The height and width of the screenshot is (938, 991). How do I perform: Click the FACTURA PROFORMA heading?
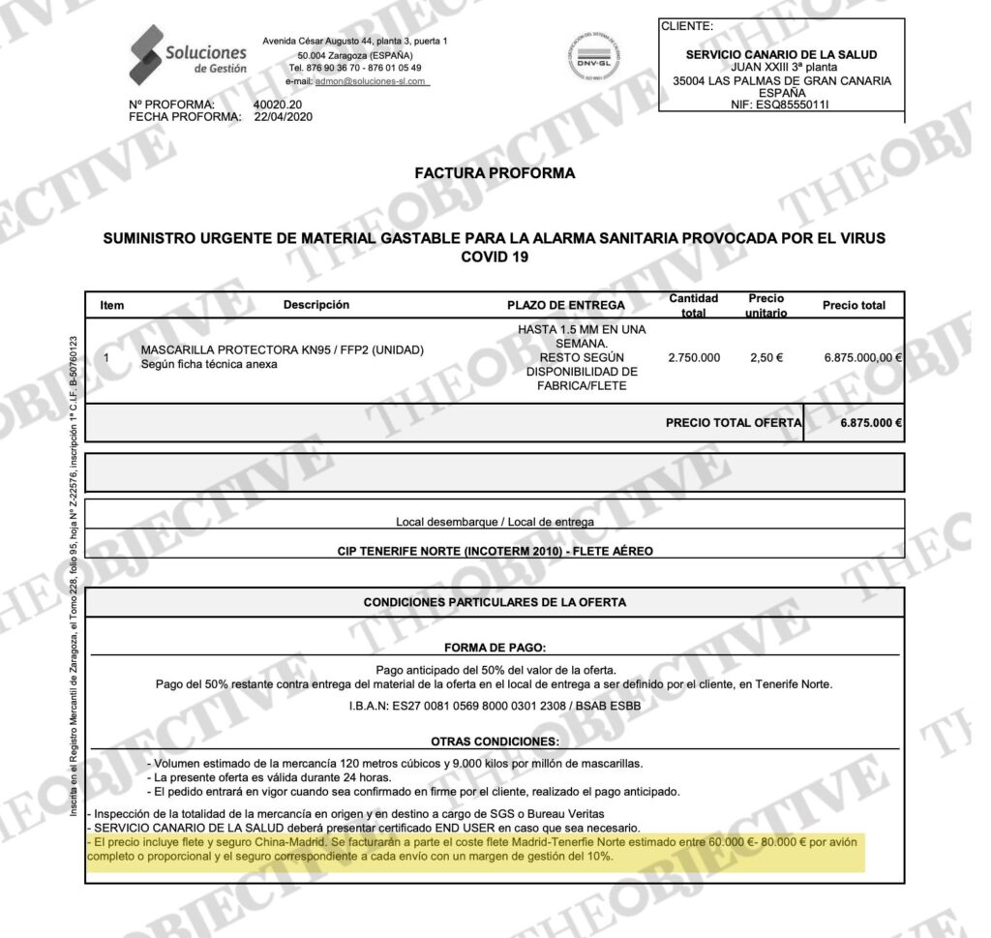495,173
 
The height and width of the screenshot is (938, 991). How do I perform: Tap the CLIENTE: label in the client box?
687,26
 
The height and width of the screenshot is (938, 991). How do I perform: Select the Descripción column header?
315,305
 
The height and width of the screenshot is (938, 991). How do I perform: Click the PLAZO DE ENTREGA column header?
566,305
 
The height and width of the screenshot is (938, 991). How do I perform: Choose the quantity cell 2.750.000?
694,357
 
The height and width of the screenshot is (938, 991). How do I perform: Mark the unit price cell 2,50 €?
766,357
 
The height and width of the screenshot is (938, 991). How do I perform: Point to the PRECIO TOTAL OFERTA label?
734,422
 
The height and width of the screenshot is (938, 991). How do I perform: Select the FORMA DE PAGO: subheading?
495,648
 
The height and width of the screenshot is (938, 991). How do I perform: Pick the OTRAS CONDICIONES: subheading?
495,741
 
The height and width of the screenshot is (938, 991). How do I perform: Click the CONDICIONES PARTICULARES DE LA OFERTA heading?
495,602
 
